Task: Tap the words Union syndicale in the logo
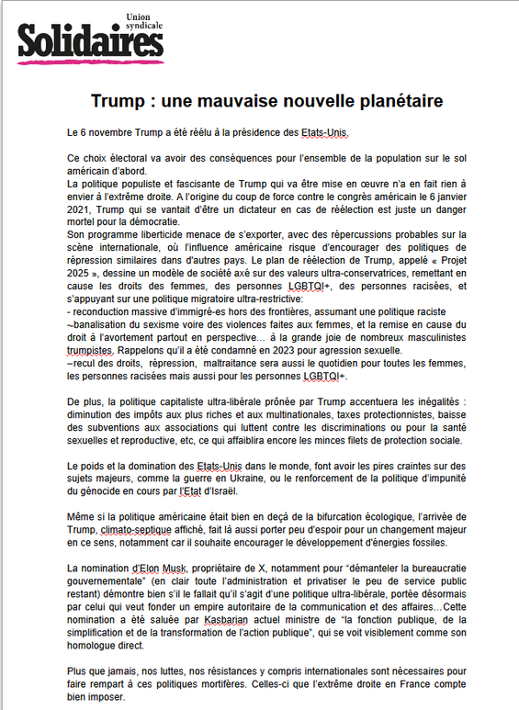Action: click(x=143, y=20)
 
